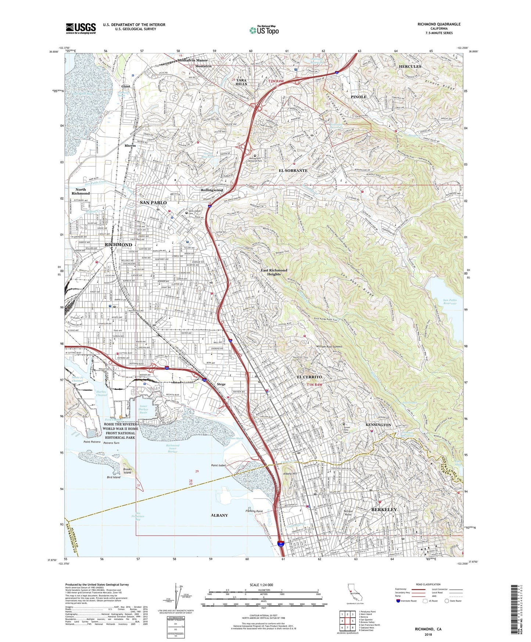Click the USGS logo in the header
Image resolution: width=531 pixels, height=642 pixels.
click(81, 28)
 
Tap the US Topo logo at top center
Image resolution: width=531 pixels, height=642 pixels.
click(264, 30)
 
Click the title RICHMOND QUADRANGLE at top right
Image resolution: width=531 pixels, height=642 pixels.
click(439, 24)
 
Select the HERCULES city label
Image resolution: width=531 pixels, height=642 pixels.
click(410, 67)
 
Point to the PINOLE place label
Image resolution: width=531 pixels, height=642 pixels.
click(358, 97)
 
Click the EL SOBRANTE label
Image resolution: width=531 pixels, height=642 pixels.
click(293, 171)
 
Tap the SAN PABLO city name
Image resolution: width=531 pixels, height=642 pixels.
click(153, 203)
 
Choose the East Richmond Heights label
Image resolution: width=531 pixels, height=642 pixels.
click(274, 272)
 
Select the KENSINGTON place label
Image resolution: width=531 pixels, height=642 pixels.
click(378, 425)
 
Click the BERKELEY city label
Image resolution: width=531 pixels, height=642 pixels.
click(384, 510)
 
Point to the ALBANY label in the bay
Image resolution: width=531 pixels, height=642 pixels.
click(219, 516)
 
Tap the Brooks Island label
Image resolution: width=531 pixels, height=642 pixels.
click(127, 471)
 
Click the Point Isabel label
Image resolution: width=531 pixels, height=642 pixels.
click(218, 466)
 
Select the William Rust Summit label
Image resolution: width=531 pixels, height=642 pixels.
click(329, 346)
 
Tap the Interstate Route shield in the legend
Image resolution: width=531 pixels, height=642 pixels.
click(398, 601)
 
